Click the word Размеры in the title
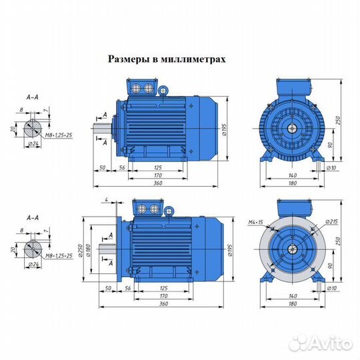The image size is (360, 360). coord(129,59)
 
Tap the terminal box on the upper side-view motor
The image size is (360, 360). coord(145,88)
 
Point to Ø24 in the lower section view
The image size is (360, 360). coord(31,264)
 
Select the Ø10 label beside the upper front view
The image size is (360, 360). coord(329,167)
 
